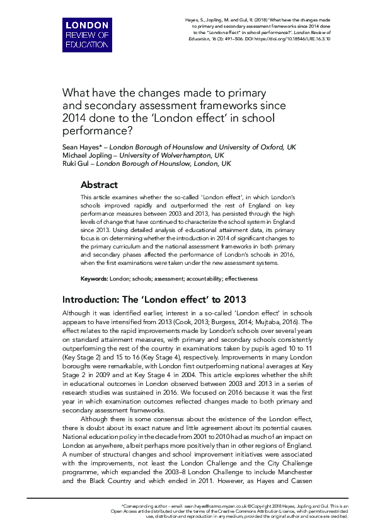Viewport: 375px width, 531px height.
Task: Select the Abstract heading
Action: [99, 185]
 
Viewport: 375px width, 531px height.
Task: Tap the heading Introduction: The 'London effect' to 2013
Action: [154, 299]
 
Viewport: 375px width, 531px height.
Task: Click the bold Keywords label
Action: [95, 278]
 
